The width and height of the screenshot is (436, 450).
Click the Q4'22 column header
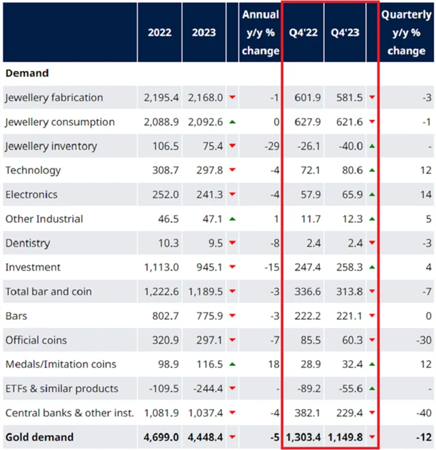[x=303, y=32]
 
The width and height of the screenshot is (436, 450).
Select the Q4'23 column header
[x=345, y=32]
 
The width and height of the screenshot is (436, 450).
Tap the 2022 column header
[x=159, y=32]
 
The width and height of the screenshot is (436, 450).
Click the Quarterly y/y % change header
[x=407, y=32]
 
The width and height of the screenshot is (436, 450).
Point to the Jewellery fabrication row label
[x=54, y=97]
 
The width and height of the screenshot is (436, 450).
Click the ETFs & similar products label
[x=61, y=389]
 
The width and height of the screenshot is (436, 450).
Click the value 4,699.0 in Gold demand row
[x=161, y=437]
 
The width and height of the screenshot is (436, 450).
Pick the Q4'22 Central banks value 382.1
[x=306, y=412]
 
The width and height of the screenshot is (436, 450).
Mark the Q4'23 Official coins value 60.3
[x=348, y=340]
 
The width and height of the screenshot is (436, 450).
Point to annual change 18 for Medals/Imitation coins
[x=274, y=364]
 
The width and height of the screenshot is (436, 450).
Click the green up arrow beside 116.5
[x=232, y=364]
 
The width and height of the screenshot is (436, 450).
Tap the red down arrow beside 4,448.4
[x=232, y=437]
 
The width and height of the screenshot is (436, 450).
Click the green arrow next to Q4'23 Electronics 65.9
[x=372, y=194]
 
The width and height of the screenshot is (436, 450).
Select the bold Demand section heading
[x=27, y=72]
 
